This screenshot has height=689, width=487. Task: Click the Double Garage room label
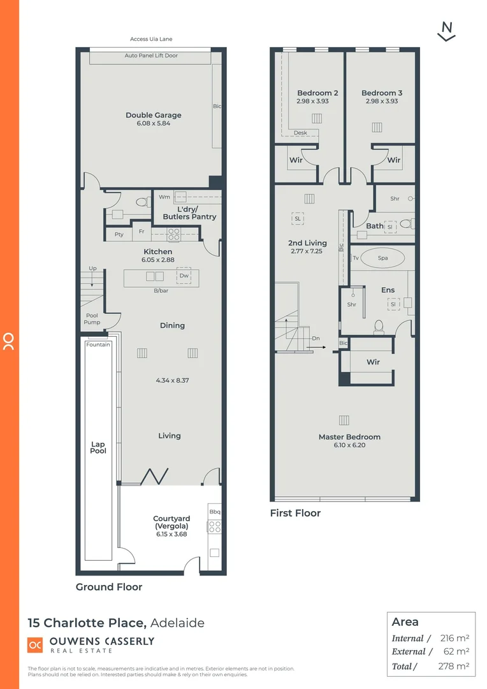click(x=153, y=115)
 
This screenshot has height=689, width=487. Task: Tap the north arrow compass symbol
click(x=447, y=31)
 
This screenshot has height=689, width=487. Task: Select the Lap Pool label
click(x=98, y=447)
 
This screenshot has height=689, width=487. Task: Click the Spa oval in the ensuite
click(x=382, y=258)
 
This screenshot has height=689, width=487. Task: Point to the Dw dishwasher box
click(x=184, y=276)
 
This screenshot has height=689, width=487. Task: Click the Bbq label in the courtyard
click(x=214, y=512)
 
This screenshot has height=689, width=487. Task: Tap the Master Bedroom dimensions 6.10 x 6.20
click(x=349, y=445)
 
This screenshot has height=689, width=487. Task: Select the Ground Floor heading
click(x=109, y=587)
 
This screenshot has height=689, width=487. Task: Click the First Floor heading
click(x=295, y=513)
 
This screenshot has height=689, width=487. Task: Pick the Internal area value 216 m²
click(x=454, y=638)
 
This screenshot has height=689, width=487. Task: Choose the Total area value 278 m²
click(x=454, y=666)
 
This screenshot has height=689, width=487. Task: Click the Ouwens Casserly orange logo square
click(x=35, y=645)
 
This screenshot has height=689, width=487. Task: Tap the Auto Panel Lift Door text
click(x=151, y=56)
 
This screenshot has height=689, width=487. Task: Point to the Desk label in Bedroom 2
click(x=300, y=133)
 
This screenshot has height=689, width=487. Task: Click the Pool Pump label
click(x=92, y=319)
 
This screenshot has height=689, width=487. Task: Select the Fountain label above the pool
click(x=98, y=344)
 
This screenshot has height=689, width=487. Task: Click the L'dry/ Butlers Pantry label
click(x=189, y=213)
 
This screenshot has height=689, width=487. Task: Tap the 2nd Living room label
click(x=307, y=243)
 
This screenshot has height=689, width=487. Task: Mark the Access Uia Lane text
click(x=151, y=40)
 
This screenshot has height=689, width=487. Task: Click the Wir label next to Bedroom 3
click(x=394, y=160)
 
